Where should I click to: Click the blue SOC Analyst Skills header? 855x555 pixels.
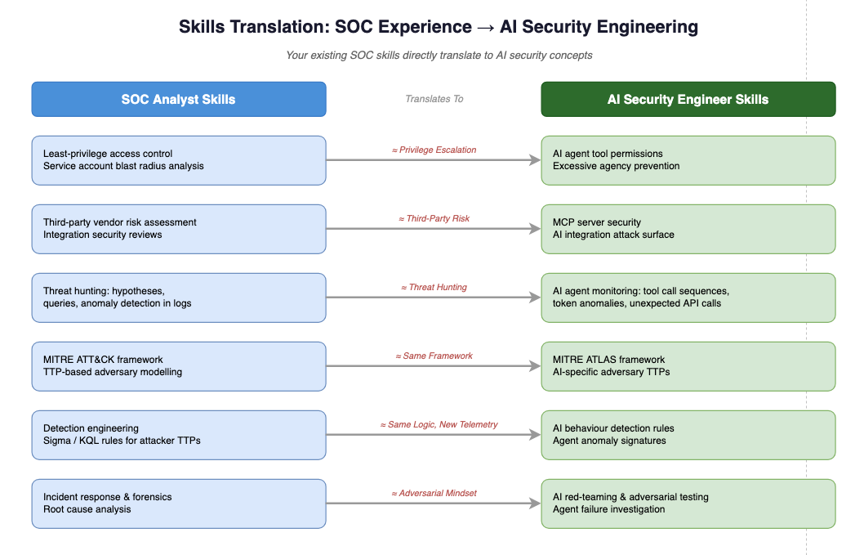(x=179, y=100)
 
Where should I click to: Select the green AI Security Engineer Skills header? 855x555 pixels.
(x=688, y=100)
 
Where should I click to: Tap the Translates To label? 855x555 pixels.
(x=434, y=99)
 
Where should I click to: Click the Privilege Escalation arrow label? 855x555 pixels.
(x=434, y=150)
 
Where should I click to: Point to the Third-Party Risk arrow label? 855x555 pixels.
(x=434, y=218)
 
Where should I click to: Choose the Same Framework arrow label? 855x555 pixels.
(x=434, y=356)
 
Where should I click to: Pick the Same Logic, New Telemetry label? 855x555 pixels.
(x=439, y=424)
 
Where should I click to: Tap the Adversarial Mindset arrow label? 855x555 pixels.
(x=434, y=494)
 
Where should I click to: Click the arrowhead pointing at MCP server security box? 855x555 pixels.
(x=535, y=229)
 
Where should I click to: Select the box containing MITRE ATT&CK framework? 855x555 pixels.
(x=179, y=366)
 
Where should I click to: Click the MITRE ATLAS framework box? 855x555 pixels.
(x=688, y=366)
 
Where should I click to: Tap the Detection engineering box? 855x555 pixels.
(x=179, y=435)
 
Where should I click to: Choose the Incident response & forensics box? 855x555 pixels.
(x=179, y=504)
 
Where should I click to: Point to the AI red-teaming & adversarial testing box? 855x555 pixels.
(x=688, y=504)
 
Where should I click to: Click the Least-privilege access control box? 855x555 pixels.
(x=179, y=160)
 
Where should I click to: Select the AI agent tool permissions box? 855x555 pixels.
(x=688, y=160)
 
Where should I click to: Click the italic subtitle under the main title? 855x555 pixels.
(x=439, y=55)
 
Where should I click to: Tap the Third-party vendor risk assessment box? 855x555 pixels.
(x=179, y=229)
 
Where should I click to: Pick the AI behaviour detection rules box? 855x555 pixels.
(x=688, y=435)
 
